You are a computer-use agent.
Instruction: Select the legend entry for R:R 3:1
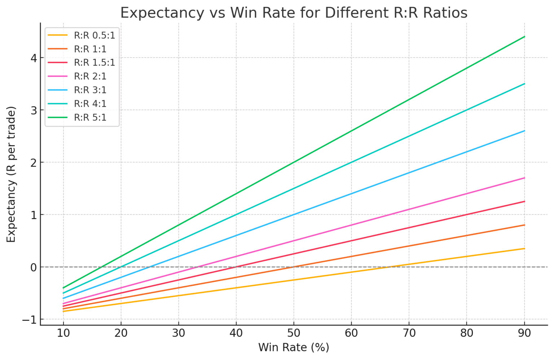click(x=90, y=90)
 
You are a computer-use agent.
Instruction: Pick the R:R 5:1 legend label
click(x=90, y=117)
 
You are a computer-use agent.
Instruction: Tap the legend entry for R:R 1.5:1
click(x=94, y=62)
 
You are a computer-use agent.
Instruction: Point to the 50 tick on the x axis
click(x=294, y=333)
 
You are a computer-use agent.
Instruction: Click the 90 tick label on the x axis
click(x=524, y=333)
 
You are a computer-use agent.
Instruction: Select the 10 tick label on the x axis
click(x=63, y=333)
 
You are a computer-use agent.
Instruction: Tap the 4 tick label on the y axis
click(x=34, y=58)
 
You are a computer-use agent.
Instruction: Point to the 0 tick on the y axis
click(x=34, y=267)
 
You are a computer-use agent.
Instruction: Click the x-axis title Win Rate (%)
click(x=294, y=348)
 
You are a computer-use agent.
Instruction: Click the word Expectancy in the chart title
click(x=162, y=13)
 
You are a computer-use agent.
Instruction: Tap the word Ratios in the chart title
click(x=445, y=13)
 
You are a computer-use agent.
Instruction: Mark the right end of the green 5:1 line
click(x=524, y=37)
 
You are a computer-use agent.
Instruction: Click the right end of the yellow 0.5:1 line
click(x=524, y=249)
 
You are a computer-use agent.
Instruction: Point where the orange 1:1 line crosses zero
click(x=294, y=267)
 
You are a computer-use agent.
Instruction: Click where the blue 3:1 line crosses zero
click(x=150, y=267)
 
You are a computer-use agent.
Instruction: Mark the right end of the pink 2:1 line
click(x=524, y=178)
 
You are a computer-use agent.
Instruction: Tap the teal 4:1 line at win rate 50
click(x=294, y=188)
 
